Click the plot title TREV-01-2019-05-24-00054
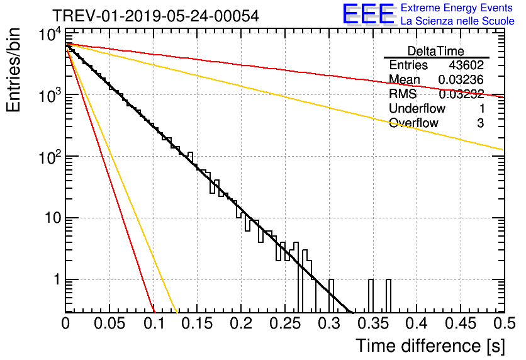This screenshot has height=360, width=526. [x=155, y=16]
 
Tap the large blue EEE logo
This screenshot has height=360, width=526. [x=369, y=14]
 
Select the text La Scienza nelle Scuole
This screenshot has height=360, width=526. [x=457, y=21]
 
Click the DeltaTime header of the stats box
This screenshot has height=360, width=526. [x=436, y=50]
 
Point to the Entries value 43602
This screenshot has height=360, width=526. [x=466, y=65]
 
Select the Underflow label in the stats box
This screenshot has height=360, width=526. [x=417, y=108]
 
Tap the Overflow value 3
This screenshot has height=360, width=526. [x=480, y=123]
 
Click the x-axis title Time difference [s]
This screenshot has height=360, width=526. [x=429, y=346]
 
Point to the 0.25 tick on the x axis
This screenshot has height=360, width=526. [x=285, y=323]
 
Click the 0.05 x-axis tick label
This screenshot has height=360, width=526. [x=109, y=323]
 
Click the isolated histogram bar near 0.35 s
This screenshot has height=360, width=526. [x=371, y=296]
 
